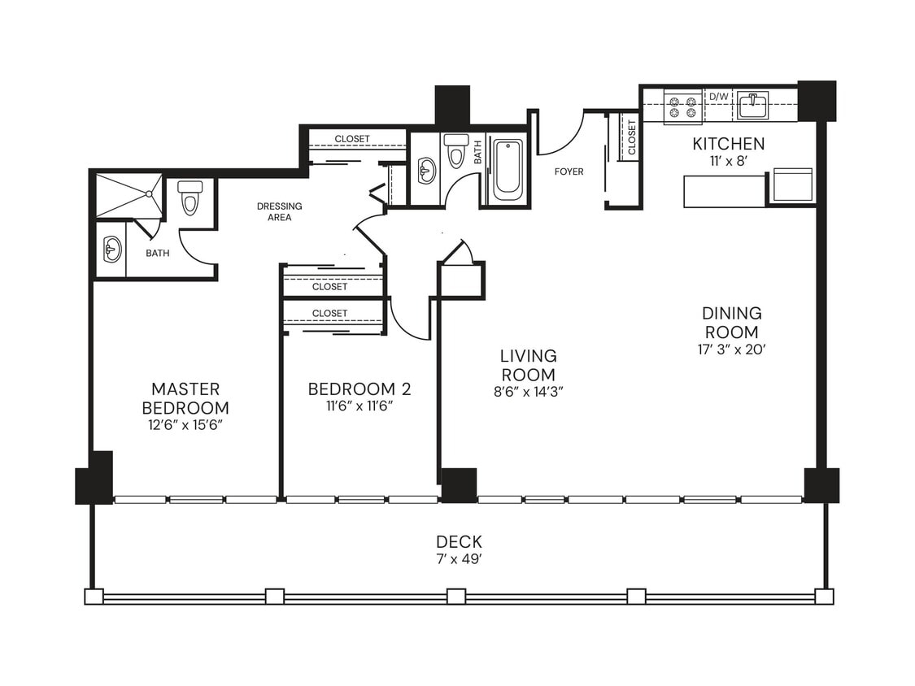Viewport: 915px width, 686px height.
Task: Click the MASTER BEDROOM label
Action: [185, 398]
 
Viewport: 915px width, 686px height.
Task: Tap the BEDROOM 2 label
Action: [359, 389]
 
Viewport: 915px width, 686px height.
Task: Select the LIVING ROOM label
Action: [528, 365]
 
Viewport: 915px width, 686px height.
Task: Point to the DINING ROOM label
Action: [732, 323]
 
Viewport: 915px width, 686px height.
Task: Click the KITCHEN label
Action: [728, 144]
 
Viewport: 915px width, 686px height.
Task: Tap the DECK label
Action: [459, 541]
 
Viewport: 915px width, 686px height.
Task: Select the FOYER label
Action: [569, 171]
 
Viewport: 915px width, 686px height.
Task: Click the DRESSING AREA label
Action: [279, 211]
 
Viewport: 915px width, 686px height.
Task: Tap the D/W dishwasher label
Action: [719, 97]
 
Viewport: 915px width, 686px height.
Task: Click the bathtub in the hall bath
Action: [508, 169]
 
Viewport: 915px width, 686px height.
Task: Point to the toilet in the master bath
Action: [190, 197]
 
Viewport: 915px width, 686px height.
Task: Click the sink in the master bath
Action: [112, 250]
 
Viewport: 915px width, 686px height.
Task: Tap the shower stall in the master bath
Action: [129, 195]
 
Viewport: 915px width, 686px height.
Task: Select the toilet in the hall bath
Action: [456, 150]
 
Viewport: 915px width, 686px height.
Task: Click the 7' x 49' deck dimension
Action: [459, 559]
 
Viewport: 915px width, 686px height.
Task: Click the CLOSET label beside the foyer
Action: [632, 137]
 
